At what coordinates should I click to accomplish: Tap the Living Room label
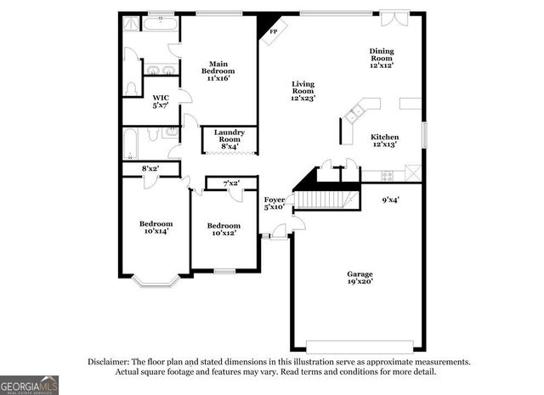[303, 91]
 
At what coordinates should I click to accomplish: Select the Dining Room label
[380, 58]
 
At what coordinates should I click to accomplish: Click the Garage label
[360, 278]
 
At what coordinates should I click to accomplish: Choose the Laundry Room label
[229, 138]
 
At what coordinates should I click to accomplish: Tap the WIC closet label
[160, 102]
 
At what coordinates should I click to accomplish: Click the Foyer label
[274, 202]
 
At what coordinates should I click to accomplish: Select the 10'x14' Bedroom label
[156, 227]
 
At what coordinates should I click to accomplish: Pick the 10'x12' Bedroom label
[225, 229]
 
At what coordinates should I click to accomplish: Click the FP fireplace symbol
[273, 31]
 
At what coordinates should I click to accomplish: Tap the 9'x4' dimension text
[390, 200]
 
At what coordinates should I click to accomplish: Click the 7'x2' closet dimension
[231, 183]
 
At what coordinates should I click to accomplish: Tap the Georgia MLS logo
[30, 385]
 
